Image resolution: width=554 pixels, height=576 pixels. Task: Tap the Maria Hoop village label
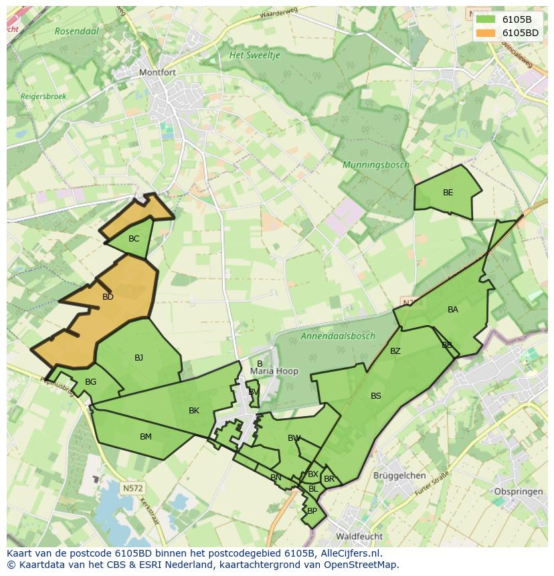click(274, 371)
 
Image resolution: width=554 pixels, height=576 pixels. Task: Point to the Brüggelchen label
click(399, 476)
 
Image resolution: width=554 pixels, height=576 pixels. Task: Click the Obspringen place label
click(519, 492)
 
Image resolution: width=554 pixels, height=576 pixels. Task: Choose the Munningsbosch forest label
click(375, 165)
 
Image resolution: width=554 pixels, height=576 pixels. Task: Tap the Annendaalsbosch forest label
click(337, 337)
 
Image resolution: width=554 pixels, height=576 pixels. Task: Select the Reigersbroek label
click(43, 96)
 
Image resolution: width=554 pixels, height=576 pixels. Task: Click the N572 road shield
click(132, 488)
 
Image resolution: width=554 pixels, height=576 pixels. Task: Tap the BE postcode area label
click(448, 193)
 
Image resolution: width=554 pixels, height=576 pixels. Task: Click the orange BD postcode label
click(108, 297)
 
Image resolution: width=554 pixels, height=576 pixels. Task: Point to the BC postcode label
click(134, 239)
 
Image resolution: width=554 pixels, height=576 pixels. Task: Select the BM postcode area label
click(145, 437)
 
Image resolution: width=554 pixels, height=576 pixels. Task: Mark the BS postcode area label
click(376, 396)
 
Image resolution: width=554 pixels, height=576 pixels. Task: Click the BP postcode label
click(312, 510)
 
